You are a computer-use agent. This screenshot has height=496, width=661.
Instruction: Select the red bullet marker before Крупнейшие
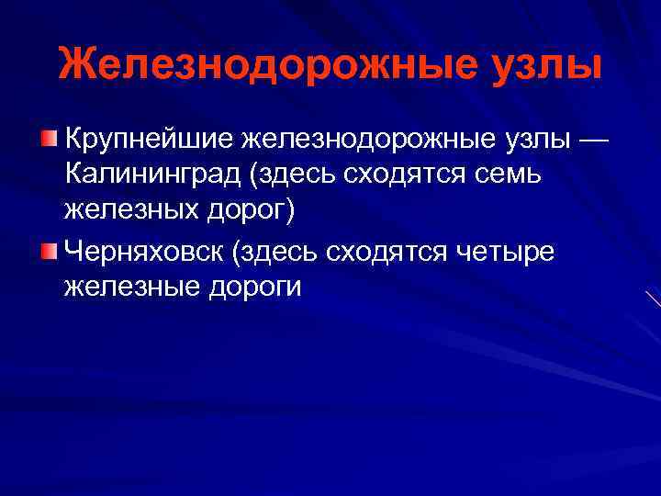[x=48, y=139]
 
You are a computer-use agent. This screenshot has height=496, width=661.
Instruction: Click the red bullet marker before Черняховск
[x=48, y=249]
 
